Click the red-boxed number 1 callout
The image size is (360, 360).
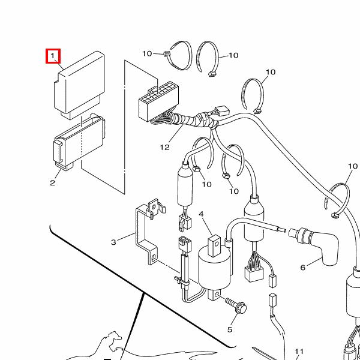tap(53, 56)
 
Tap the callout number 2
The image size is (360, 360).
tap(52, 182)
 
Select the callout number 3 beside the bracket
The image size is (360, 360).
tap(113, 242)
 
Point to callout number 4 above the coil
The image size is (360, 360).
tap(202, 214)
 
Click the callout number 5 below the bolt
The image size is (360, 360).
tap(229, 329)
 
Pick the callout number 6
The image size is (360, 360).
tap(302, 267)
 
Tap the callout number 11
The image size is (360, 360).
tap(299, 352)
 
